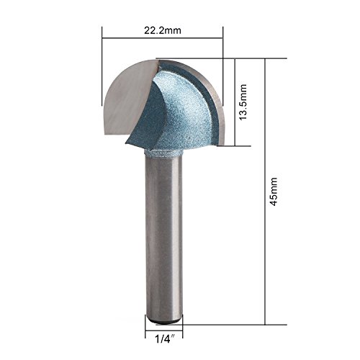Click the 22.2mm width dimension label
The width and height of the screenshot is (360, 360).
click(163, 30)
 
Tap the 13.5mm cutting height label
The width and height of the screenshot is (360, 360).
click(243, 102)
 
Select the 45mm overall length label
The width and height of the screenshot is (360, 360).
click(274, 192)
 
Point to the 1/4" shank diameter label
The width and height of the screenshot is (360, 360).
click(164, 339)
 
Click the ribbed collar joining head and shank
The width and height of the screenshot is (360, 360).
click(163, 153)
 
